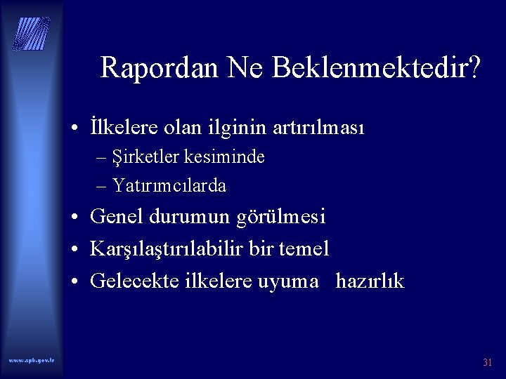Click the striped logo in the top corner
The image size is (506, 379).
tap(32, 32)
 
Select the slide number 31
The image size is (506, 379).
tap(487, 363)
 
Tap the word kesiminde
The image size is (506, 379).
tap(225, 157)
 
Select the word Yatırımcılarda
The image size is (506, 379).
tap(169, 186)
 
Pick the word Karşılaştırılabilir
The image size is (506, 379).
tap(175, 249)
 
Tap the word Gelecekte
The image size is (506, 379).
tap(134, 281)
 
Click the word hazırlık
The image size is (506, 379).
tap(370, 281)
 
